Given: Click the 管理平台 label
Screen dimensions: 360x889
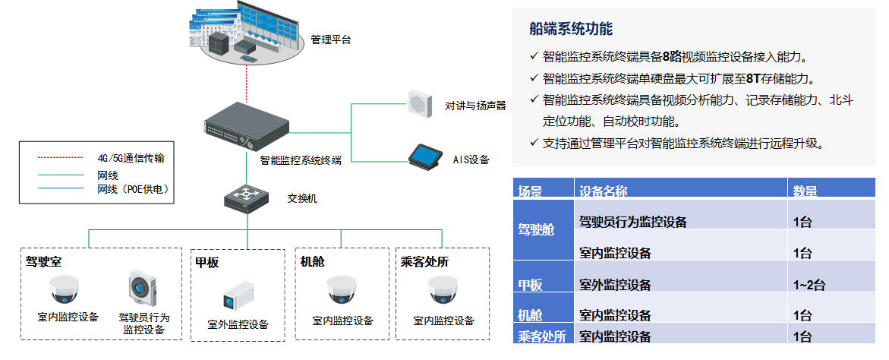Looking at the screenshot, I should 331,39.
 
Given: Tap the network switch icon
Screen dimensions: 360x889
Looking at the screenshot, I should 247,200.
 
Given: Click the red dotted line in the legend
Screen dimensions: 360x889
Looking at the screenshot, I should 61,158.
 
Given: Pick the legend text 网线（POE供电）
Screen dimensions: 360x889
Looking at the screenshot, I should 132,189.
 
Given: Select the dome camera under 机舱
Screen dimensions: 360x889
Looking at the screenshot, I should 342,289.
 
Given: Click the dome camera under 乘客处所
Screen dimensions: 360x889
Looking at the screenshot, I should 443,289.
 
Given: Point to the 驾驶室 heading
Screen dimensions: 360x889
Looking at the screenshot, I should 43,262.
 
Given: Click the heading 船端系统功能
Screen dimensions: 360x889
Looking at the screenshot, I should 571,30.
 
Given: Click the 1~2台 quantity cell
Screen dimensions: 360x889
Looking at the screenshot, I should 809,285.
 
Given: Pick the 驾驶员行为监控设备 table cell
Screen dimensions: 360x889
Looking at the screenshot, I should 632,222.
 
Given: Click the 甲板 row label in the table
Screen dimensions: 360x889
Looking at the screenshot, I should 530,285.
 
